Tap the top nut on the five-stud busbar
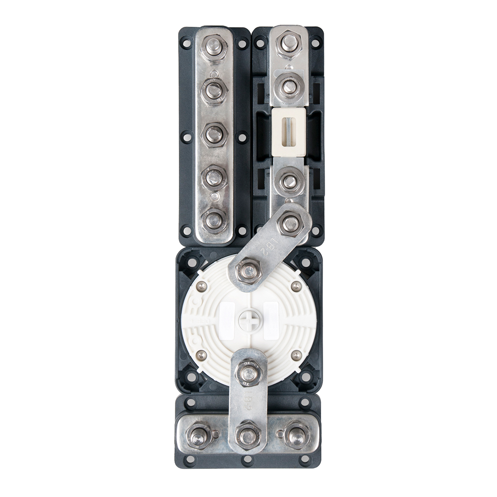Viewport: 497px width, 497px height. point(214,47)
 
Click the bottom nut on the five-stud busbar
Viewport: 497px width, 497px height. point(214,220)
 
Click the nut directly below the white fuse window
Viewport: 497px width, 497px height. point(289,181)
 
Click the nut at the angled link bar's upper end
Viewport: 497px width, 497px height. point(291,224)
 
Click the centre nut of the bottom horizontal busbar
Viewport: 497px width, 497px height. point(248,436)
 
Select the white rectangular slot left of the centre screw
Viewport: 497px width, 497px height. point(227,321)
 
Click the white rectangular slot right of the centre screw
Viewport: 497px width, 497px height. point(271,321)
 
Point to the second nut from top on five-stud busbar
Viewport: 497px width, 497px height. point(214,91)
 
